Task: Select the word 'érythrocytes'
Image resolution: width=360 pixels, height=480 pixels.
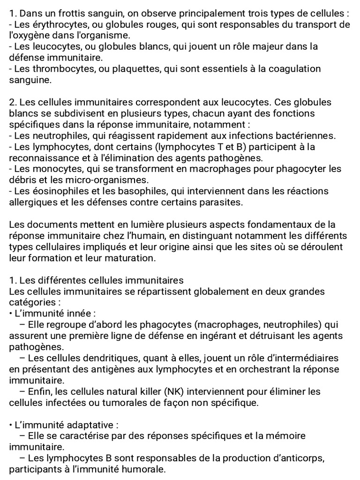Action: point(52,24)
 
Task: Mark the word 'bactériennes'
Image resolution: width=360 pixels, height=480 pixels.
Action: point(307,136)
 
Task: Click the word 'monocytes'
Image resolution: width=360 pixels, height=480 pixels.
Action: point(52,169)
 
